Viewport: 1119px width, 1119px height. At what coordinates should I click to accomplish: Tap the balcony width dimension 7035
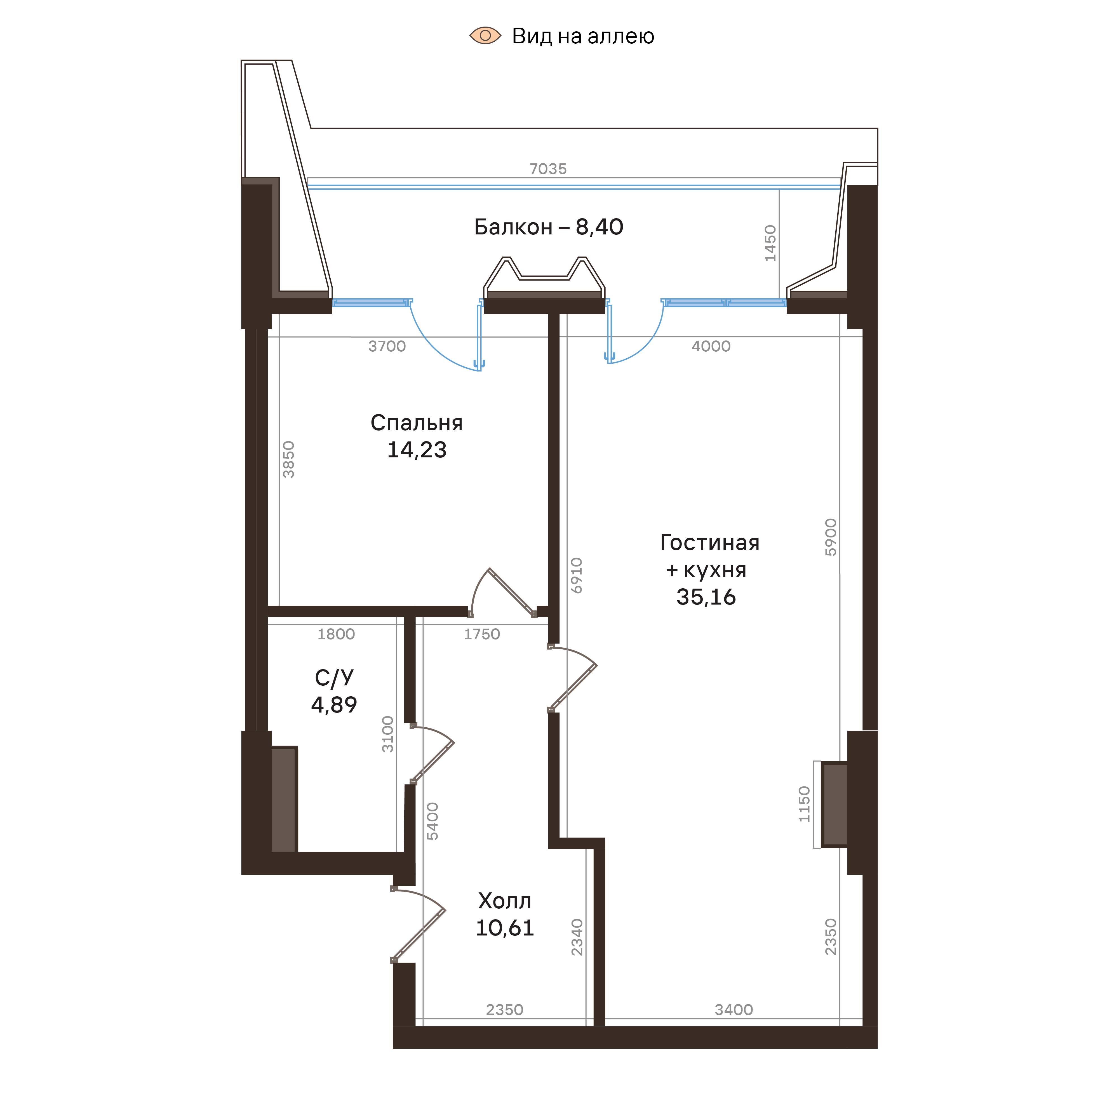[x=548, y=169]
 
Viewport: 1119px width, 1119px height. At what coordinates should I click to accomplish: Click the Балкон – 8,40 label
[x=548, y=227]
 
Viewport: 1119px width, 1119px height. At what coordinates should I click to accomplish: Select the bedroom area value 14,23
[x=417, y=450]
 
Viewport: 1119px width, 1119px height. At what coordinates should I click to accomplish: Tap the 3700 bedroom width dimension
[x=387, y=346]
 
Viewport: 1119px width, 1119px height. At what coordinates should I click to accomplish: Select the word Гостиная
[x=709, y=543]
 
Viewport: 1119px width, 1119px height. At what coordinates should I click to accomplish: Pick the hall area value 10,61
[x=504, y=928]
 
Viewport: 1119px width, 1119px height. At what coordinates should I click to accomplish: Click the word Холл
[x=504, y=901]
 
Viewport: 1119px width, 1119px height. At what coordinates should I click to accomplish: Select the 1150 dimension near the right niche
[x=805, y=804]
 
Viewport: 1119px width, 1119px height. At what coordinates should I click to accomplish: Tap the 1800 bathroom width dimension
[x=336, y=634]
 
